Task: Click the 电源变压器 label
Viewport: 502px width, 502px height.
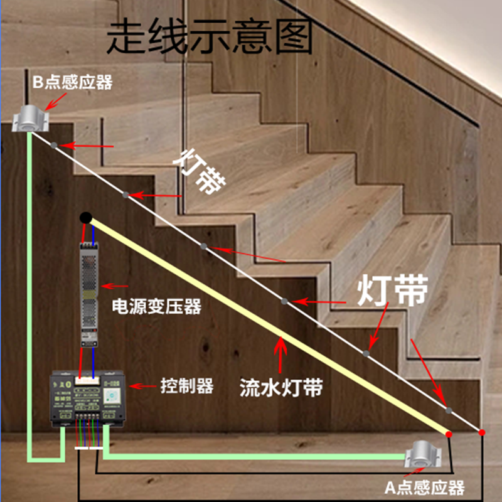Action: click(x=156, y=307)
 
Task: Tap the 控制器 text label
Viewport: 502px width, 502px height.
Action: click(x=186, y=385)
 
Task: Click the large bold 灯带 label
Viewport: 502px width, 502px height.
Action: click(x=393, y=291)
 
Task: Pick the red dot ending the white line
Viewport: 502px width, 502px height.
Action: click(x=481, y=432)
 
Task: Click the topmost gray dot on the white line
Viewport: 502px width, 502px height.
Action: click(x=55, y=146)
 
